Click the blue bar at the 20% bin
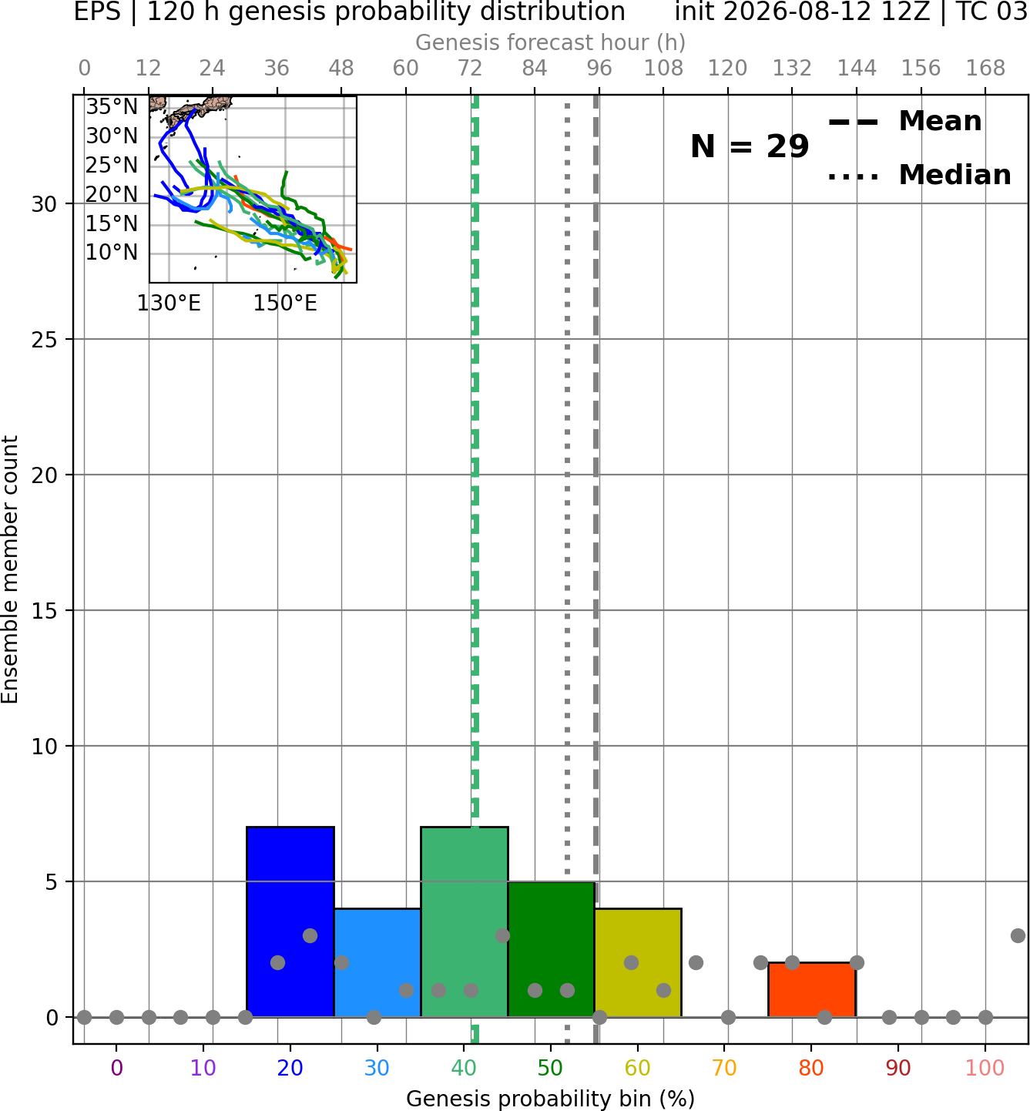pyautogui.click(x=290, y=921)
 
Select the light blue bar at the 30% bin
pyautogui.click(x=377, y=962)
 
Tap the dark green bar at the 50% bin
pyautogui.click(x=551, y=948)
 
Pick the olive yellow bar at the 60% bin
pyautogui.click(x=638, y=962)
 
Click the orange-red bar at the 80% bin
pyautogui.click(x=812, y=989)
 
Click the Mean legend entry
pyautogui.click(x=904, y=122)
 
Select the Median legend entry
pyautogui.click(x=919, y=175)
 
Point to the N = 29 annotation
pyautogui.click(x=750, y=146)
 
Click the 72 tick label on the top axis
pyautogui.click(x=470, y=69)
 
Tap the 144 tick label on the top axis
pyautogui.click(x=857, y=69)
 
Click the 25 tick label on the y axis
pyautogui.click(x=44, y=340)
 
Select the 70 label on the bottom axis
pyautogui.click(x=724, y=1069)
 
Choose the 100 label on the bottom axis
pyautogui.click(x=985, y=1069)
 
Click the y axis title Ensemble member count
pyautogui.click(x=9, y=569)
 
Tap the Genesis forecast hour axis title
pyautogui.click(x=551, y=42)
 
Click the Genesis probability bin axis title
pyautogui.click(x=551, y=1099)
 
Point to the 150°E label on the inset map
pyautogui.click(x=285, y=304)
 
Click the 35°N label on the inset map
pyautogui.click(x=112, y=106)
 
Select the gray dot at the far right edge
pyautogui.click(x=1018, y=935)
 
